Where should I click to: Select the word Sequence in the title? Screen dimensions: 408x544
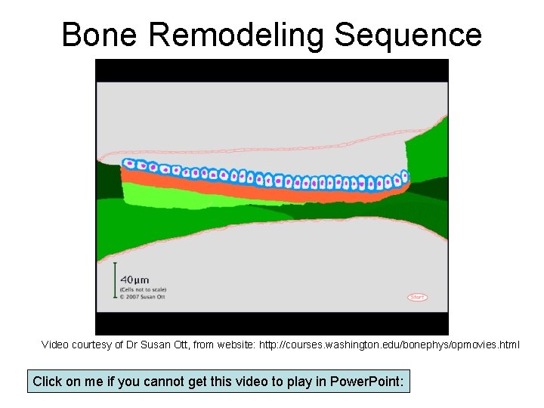pos(408,35)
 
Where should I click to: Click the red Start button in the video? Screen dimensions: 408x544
pos(417,297)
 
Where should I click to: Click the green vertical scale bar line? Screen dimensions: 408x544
pos(115,280)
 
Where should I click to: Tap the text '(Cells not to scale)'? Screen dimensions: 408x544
pos(143,289)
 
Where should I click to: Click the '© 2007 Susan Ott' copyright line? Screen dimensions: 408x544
pos(143,296)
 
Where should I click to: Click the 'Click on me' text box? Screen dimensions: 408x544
pos(218,382)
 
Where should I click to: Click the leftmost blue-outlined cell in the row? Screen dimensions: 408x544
pos(128,163)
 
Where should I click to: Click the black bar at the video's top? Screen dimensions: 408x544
pos(272,70)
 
